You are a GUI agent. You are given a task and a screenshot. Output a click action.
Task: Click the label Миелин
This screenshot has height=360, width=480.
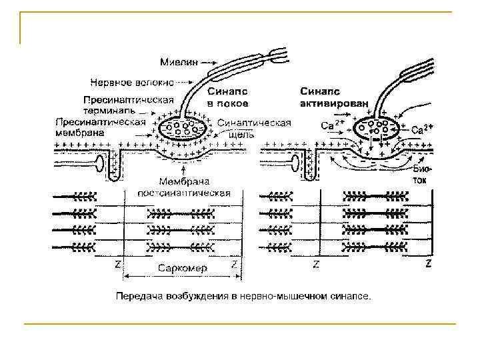tap(178, 62)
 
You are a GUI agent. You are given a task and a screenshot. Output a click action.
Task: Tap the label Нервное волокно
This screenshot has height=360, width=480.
tap(131, 83)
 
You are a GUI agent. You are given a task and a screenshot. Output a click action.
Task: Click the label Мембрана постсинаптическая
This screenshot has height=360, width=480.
tap(184, 187)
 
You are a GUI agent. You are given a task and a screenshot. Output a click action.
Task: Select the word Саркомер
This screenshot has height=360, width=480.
tap(183, 268)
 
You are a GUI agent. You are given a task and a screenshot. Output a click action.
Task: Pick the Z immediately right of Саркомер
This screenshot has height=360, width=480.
tap(235, 265)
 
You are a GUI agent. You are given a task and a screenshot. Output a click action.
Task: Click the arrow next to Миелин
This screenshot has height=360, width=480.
tap(209, 62)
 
